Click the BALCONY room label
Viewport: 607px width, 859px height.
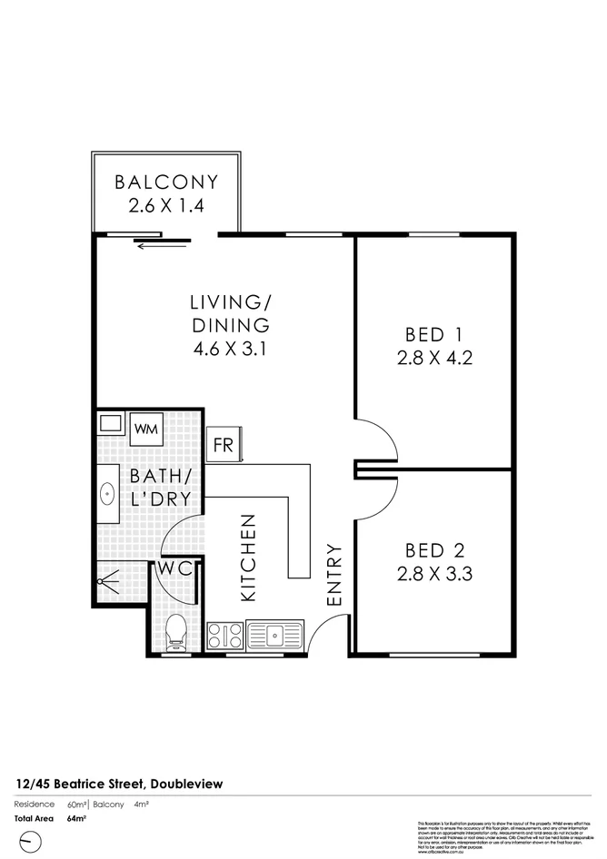pos(165,182)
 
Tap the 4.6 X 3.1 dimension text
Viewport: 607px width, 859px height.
pos(230,348)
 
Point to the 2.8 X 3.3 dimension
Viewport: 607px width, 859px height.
pos(434,573)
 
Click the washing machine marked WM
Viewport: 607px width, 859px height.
pos(145,428)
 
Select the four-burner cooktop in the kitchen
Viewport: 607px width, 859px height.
pos(224,634)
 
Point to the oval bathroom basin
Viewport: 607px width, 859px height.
pos(107,493)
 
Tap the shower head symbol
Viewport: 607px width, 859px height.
pos(111,578)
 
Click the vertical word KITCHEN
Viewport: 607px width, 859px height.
pos(249,558)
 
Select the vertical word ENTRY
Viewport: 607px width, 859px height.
pos(333,574)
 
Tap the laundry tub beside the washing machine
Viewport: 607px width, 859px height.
pos(111,423)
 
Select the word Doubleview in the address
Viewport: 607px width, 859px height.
pos(185,783)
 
